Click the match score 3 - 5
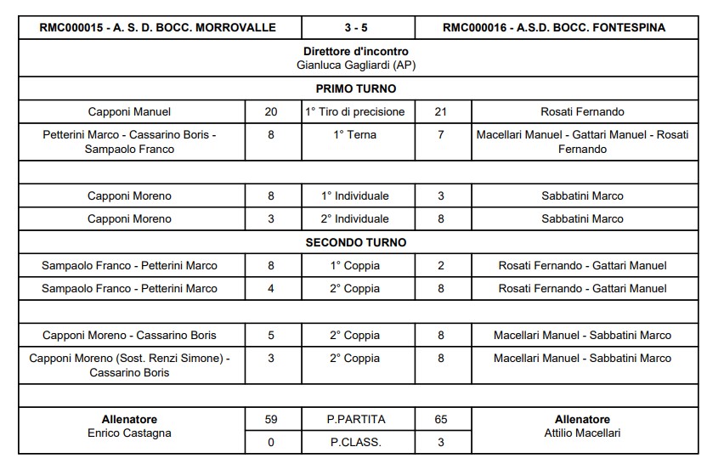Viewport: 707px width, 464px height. tap(355, 27)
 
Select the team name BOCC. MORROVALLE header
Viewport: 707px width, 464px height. tap(158, 27)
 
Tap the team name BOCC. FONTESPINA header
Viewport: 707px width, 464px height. tap(554, 27)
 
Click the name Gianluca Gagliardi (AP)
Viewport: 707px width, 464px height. tap(355, 65)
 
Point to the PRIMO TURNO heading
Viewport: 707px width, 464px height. tap(355, 88)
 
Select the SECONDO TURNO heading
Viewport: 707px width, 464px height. tap(355, 242)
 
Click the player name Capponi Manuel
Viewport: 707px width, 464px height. tap(129, 111)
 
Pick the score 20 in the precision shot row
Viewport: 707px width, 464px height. tap(271, 111)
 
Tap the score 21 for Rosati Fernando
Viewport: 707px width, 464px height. tap(440, 111)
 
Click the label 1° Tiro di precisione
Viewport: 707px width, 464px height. tap(355, 111)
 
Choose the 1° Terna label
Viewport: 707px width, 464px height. tap(355, 134)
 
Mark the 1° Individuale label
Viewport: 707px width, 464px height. tap(355, 195)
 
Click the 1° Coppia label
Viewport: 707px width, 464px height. tap(355, 265)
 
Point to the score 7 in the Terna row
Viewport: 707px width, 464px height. tap(440, 134)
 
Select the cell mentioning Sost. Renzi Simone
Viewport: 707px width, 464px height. tap(130, 365)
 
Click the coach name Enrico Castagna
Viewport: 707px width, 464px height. tap(130, 433)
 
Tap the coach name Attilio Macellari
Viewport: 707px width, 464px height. tap(582, 433)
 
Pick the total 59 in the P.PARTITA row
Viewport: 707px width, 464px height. tap(271, 419)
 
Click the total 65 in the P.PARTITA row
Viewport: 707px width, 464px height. tap(440, 419)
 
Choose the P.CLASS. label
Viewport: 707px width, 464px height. tap(355, 442)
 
